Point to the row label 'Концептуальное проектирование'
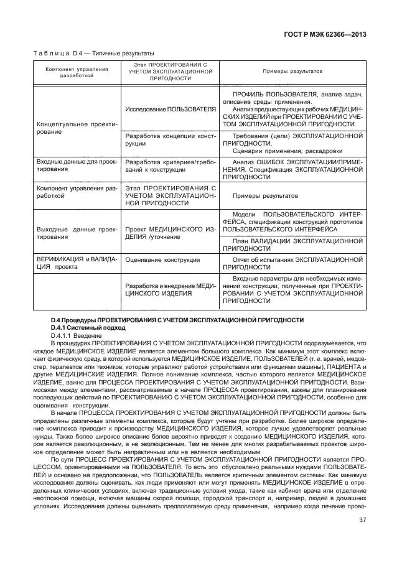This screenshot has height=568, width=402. (76, 128)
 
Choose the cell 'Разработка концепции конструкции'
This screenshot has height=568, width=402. (170, 139)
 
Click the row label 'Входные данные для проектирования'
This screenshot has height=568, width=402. (76, 165)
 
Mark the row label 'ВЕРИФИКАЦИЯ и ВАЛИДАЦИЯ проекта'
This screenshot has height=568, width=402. (76, 263)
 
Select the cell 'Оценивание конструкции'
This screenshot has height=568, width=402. (162, 259)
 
